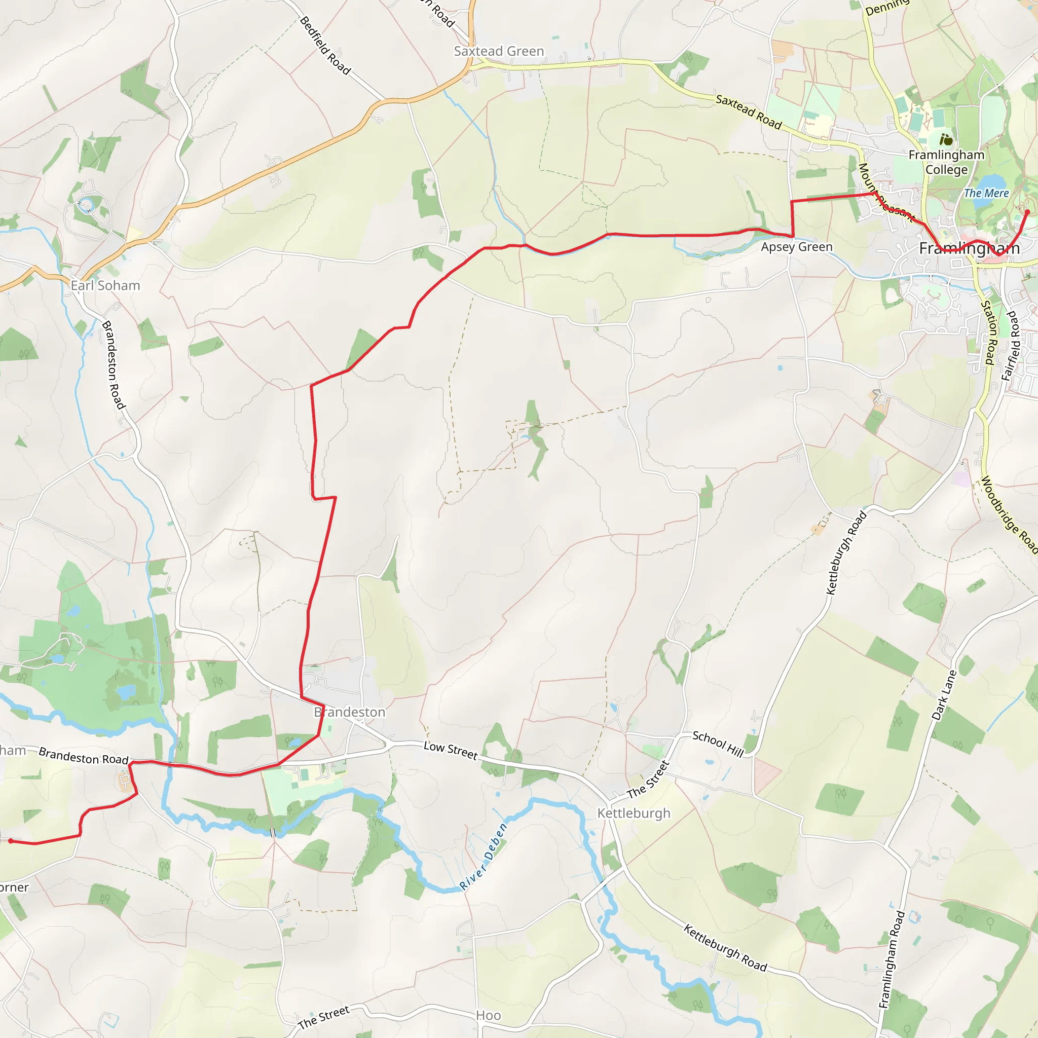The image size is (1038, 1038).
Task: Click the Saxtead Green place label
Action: point(499,51)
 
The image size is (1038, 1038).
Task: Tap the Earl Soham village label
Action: point(105,285)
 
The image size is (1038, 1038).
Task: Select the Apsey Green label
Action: point(796,247)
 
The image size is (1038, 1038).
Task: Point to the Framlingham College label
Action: point(946,162)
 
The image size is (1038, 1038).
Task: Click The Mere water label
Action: point(986,193)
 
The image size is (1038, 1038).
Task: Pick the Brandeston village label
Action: point(350,712)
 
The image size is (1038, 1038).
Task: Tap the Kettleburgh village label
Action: point(634,813)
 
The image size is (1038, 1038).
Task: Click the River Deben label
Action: point(483,857)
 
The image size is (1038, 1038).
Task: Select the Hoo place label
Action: point(488,1015)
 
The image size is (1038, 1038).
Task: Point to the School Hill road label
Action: point(718,744)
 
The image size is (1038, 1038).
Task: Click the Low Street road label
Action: point(450,750)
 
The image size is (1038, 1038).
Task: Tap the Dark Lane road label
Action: point(944,695)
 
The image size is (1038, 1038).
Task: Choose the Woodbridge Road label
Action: point(1009,515)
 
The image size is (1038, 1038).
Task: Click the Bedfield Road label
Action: point(325,46)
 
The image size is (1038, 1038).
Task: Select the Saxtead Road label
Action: point(749,112)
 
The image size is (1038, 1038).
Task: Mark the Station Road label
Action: point(990,332)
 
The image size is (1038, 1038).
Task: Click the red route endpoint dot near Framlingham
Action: point(1027,212)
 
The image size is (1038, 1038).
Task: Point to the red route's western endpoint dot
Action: point(11,841)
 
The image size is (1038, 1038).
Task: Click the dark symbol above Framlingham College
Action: point(946,140)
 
